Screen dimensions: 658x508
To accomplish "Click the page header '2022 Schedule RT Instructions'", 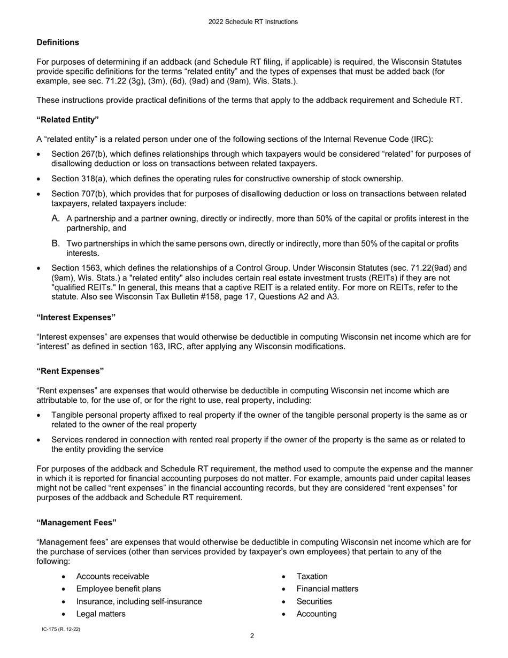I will (x=253, y=22).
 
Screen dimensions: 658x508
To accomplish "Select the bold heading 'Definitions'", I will (x=58, y=42).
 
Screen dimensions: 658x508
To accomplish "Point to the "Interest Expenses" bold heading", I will (x=76, y=317).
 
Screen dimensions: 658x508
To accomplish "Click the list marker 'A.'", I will (x=56, y=218).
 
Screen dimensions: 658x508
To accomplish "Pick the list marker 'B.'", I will (x=56, y=243).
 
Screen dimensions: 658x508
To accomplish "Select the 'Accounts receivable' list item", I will (x=113, y=576).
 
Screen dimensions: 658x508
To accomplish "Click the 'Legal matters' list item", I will (x=101, y=614).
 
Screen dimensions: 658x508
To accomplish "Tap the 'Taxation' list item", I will (x=312, y=576).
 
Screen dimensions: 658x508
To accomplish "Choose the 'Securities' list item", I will (x=314, y=601).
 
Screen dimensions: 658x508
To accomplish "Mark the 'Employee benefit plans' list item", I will (x=119, y=588).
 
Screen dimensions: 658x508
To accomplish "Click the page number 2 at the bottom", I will (x=252, y=636).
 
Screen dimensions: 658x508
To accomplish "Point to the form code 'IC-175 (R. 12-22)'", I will (x=61, y=630).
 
